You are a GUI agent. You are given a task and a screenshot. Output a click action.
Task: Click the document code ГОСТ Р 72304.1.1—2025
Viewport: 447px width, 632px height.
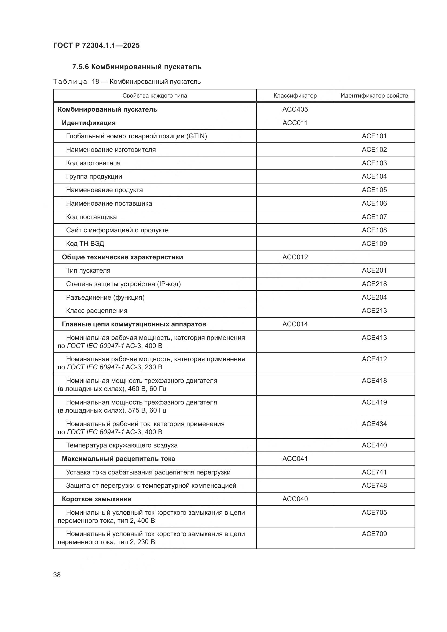(96, 45)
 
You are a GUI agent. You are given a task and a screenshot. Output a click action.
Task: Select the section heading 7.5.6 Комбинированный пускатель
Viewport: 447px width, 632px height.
(137, 67)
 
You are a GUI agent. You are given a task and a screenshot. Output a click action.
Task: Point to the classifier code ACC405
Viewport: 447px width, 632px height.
(295, 109)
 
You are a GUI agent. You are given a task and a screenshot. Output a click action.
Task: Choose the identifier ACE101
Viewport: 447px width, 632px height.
(374, 136)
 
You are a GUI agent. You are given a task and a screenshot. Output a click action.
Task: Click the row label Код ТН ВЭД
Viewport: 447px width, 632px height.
(85, 244)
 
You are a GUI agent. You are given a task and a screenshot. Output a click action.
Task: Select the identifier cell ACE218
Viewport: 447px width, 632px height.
(374, 284)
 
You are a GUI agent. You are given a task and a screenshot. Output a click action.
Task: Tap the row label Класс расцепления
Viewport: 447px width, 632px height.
(96, 311)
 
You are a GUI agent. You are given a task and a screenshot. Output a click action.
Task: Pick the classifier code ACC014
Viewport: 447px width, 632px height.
(295, 324)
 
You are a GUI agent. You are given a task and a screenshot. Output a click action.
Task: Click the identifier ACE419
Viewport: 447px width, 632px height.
(374, 402)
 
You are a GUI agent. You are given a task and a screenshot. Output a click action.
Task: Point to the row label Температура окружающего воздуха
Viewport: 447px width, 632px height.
(122, 445)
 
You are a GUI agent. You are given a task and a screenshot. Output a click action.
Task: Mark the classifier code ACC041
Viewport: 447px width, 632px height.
(295, 459)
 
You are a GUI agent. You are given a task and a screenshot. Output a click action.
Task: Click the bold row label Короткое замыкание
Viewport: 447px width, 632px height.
(96, 499)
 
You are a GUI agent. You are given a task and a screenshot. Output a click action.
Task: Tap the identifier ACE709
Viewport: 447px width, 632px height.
(374, 534)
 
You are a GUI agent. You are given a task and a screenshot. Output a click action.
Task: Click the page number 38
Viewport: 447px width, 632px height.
(57, 575)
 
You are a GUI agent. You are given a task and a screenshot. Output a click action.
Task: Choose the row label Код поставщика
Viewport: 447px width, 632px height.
(91, 217)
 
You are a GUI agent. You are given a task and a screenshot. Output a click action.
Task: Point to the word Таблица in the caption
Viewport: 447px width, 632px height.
(70, 82)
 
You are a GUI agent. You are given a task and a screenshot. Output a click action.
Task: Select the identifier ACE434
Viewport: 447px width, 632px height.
(374, 424)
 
